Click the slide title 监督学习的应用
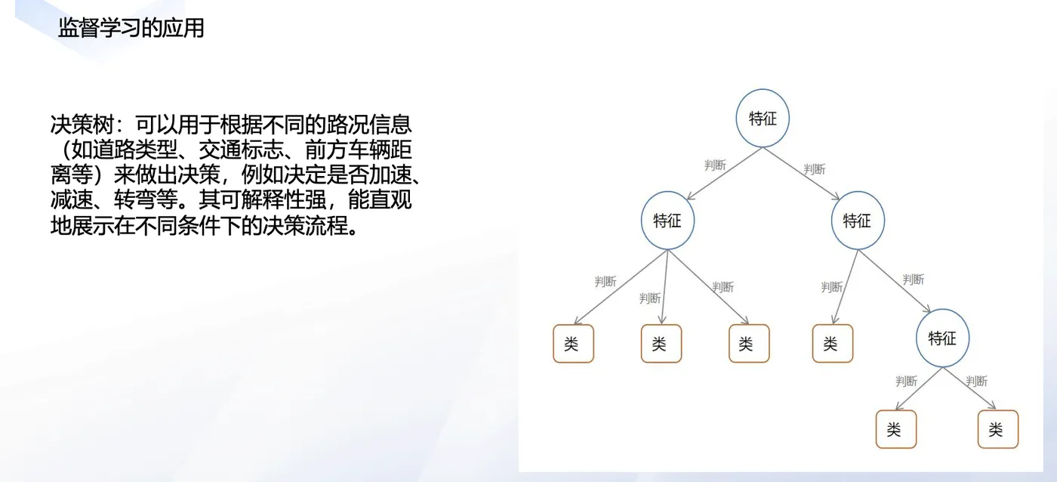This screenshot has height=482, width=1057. click(x=131, y=29)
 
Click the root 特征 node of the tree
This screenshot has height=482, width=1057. click(x=763, y=119)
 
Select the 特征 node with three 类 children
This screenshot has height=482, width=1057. click(x=667, y=221)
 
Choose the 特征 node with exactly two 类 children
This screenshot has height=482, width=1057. click(x=941, y=338)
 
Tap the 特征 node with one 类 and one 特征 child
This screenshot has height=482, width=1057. click(x=857, y=221)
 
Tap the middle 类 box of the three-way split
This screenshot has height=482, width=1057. click(x=661, y=344)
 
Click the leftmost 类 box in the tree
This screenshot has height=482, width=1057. click(x=573, y=344)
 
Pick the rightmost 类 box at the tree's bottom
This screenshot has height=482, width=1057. click(x=997, y=429)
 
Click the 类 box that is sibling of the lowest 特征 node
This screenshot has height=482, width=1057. click(x=832, y=344)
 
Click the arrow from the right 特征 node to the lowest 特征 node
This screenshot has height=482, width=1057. click(x=895, y=280)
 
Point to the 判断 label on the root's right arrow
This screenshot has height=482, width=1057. click(x=815, y=169)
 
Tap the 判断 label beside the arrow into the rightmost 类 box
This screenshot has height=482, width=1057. click(x=976, y=382)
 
